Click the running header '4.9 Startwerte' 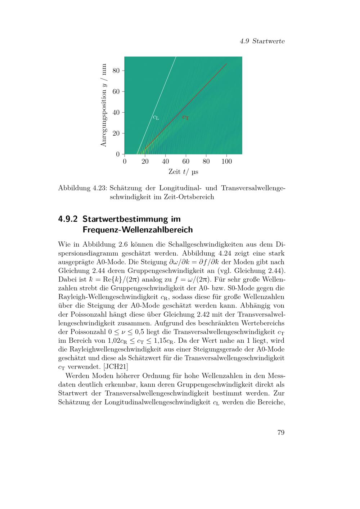click(x=262, y=41)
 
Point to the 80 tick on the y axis click(x=116, y=71)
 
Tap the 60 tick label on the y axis click(x=116, y=91)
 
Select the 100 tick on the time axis click(x=226, y=161)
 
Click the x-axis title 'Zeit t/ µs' click(x=183, y=172)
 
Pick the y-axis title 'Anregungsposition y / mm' click(x=104, y=105)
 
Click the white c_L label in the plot click(x=156, y=117)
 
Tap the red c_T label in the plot click(x=185, y=117)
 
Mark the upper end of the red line click(x=226, y=64)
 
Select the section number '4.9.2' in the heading click(x=68, y=219)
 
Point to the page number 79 click(x=281, y=432)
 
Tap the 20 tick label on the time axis click(x=145, y=161)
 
